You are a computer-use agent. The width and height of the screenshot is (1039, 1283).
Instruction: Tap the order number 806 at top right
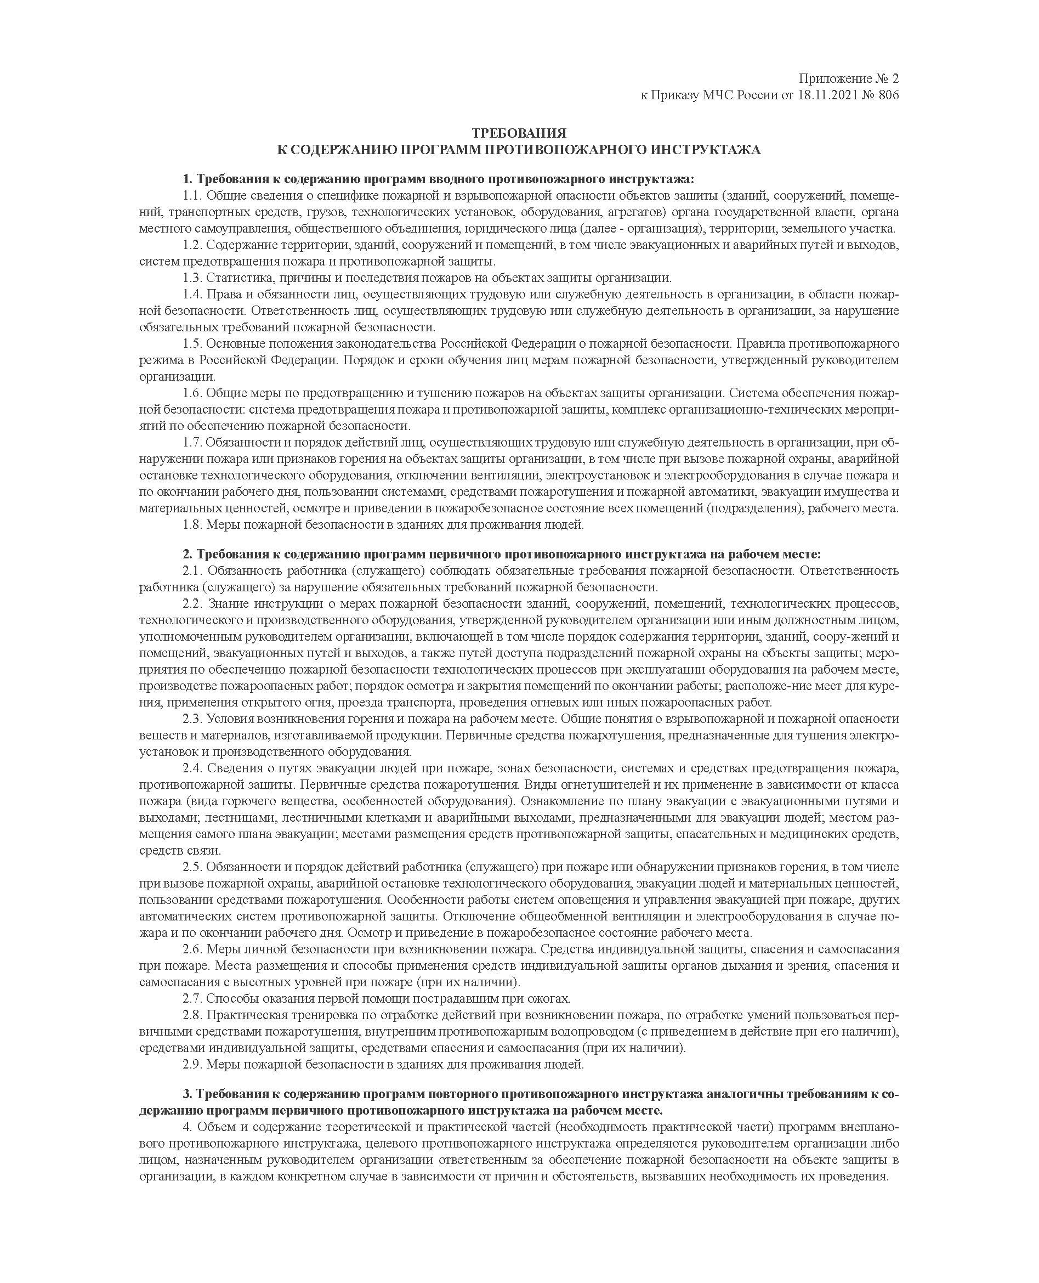pyautogui.click(x=889, y=95)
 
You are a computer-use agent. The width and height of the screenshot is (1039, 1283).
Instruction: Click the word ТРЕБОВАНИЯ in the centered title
pyautogui.click(x=519, y=133)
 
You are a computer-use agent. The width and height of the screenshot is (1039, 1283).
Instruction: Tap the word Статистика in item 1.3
pyautogui.click(x=234, y=278)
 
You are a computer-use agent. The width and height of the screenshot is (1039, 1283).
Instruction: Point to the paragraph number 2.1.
pyautogui.click(x=194, y=570)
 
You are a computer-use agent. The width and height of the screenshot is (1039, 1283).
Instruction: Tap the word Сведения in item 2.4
pyautogui.click(x=232, y=768)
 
